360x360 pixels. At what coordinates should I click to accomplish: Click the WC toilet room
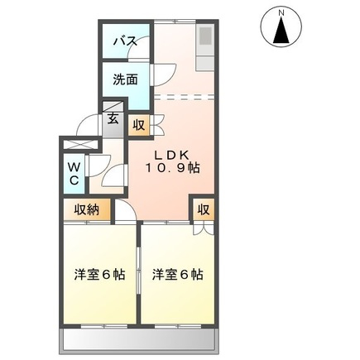[74, 173]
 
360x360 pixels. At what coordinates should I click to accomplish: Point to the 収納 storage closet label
[87, 210]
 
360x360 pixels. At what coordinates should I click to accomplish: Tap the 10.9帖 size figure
[174, 168]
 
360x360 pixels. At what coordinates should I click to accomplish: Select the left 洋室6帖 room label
[98, 274]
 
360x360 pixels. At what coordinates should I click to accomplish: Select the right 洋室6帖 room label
[178, 274]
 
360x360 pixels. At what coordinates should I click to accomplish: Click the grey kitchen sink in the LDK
[204, 37]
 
